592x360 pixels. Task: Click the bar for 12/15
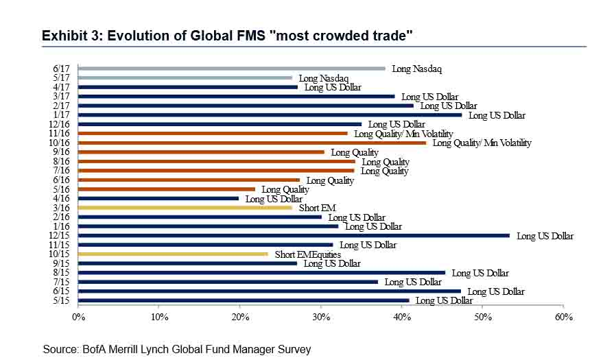click(x=294, y=235)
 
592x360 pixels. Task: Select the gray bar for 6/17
click(x=232, y=69)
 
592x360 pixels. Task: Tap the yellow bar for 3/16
click(x=185, y=207)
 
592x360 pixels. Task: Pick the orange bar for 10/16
click(x=252, y=143)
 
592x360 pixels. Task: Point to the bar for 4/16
click(x=158, y=198)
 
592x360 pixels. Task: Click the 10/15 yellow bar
click(x=173, y=254)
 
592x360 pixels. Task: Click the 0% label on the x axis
click(x=78, y=317)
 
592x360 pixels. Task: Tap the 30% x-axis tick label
click(x=320, y=317)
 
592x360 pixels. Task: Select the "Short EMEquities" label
click(x=308, y=254)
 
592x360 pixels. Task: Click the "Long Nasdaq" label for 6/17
click(x=417, y=69)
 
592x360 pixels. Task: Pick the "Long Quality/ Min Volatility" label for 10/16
click(x=482, y=143)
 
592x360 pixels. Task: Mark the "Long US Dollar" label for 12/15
click(x=545, y=236)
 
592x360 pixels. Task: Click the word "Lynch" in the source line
click(x=161, y=350)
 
